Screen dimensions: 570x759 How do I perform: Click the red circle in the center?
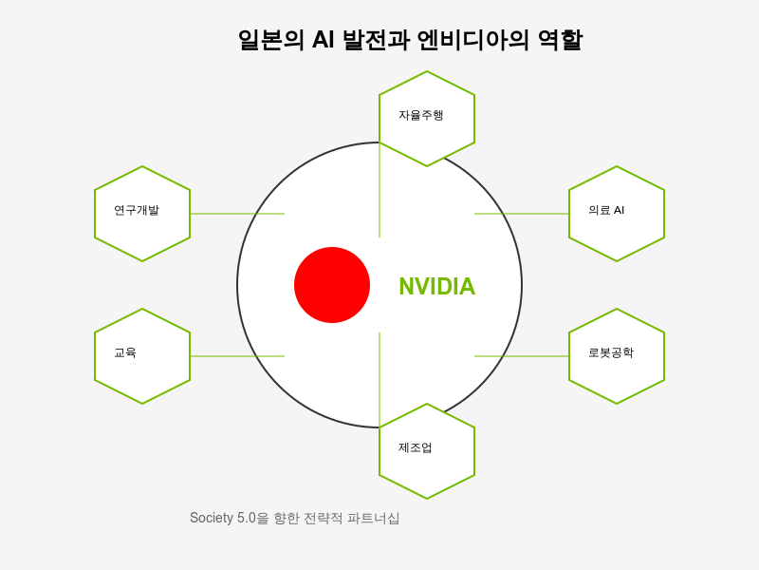click(x=332, y=285)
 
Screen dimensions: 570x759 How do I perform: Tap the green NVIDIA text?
click(x=436, y=286)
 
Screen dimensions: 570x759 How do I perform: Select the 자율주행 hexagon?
click(x=427, y=118)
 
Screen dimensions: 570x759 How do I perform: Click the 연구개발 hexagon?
click(x=142, y=213)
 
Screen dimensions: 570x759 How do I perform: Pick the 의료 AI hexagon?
click(x=617, y=213)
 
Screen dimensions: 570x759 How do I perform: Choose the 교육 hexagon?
click(x=142, y=355)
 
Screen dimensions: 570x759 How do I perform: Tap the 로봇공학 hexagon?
click(x=617, y=355)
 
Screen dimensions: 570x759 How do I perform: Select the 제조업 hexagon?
click(x=427, y=450)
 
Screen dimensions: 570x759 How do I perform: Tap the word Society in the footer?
click(x=211, y=518)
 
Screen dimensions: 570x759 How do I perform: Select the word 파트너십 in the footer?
click(x=374, y=518)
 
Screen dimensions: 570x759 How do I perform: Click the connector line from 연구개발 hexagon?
click(x=237, y=214)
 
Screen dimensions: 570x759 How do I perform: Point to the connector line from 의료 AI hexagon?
click(x=522, y=214)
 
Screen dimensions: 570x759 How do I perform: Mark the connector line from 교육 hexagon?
click(x=237, y=356)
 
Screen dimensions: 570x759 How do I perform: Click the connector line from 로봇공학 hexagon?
click(x=522, y=356)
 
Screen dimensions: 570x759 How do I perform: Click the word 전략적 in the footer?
click(x=323, y=518)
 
